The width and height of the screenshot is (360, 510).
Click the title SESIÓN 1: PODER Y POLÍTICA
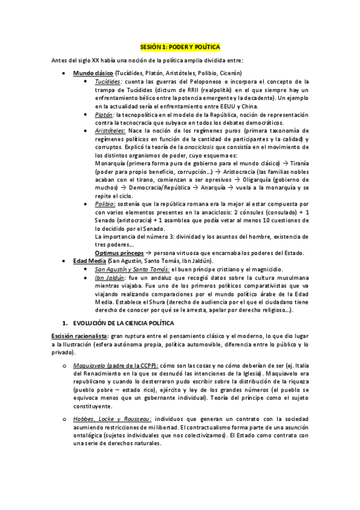180,46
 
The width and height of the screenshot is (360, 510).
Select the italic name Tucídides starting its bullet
109,81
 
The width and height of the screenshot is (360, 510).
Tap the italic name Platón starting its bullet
105,114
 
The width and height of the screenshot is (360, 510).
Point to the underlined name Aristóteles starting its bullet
111,130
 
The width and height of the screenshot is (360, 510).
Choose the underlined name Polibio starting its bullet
106,204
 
